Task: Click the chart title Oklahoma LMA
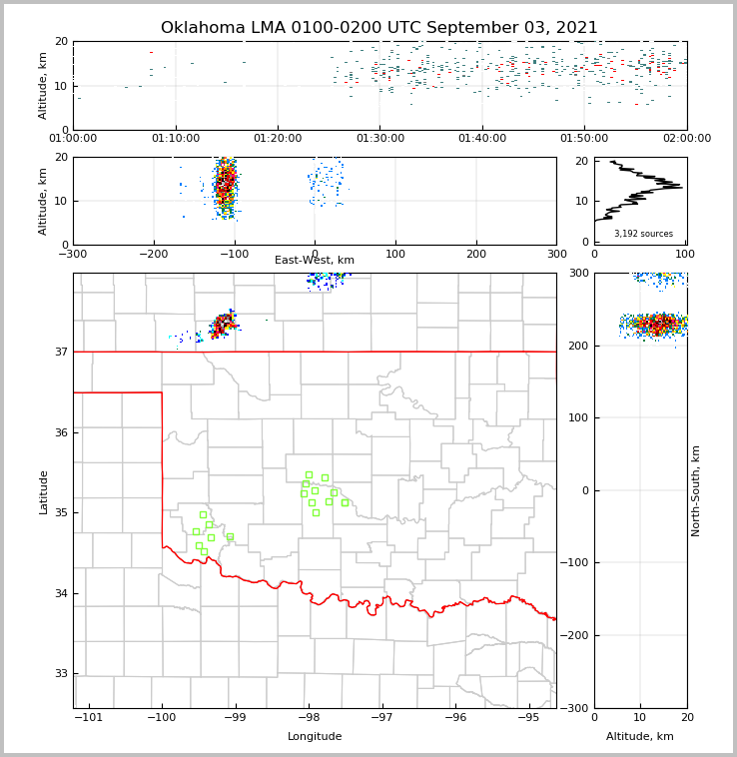(x=378, y=28)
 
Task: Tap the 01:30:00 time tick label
(x=379, y=138)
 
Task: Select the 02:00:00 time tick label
(x=686, y=138)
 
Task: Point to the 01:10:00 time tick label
(x=176, y=138)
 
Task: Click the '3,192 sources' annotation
(x=643, y=234)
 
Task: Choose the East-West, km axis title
(x=315, y=261)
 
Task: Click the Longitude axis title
(x=315, y=737)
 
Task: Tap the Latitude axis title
(x=43, y=491)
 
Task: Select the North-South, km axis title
(x=696, y=490)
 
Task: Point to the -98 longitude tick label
(x=308, y=717)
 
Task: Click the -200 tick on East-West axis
(x=153, y=253)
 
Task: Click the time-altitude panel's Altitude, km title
(x=43, y=85)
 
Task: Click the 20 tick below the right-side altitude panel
(x=686, y=717)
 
